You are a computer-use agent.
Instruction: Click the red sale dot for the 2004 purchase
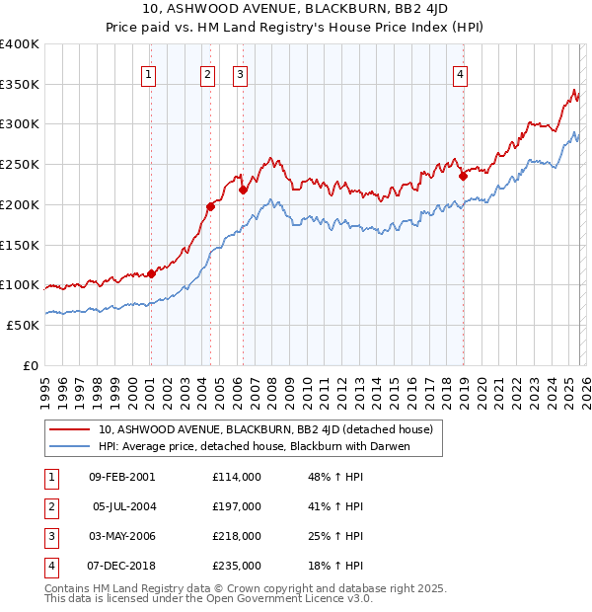210,206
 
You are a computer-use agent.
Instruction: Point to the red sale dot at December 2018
463,177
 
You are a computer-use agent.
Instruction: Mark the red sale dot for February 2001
151,273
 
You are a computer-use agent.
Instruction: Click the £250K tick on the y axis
20,164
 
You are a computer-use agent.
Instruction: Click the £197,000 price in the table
237,506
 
